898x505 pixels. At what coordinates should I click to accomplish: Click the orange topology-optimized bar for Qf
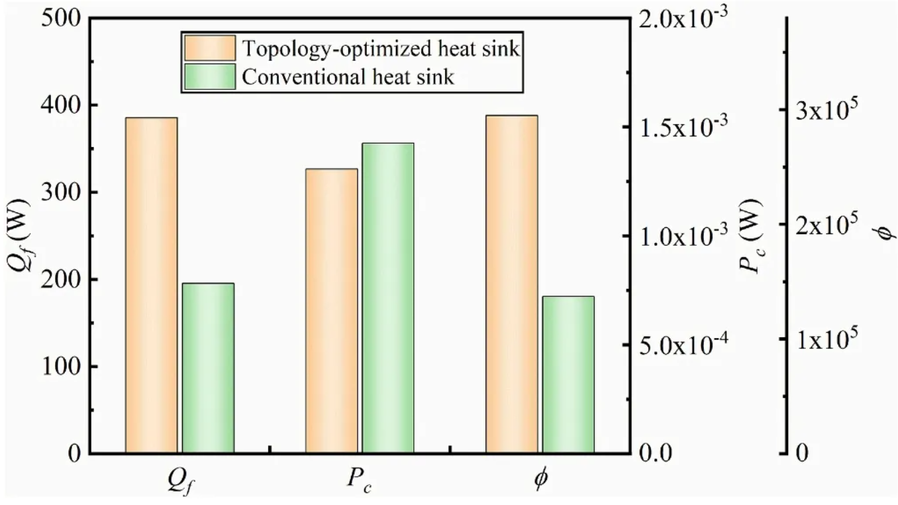tap(151, 286)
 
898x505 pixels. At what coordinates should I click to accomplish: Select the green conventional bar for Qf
tap(208, 368)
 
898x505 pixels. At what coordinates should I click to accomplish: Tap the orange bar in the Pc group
tap(331, 311)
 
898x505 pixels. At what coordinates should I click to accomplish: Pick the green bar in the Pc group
tap(388, 298)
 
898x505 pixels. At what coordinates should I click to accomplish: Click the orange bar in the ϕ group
tap(511, 284)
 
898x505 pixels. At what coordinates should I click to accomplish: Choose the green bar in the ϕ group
tap(568, 375)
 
